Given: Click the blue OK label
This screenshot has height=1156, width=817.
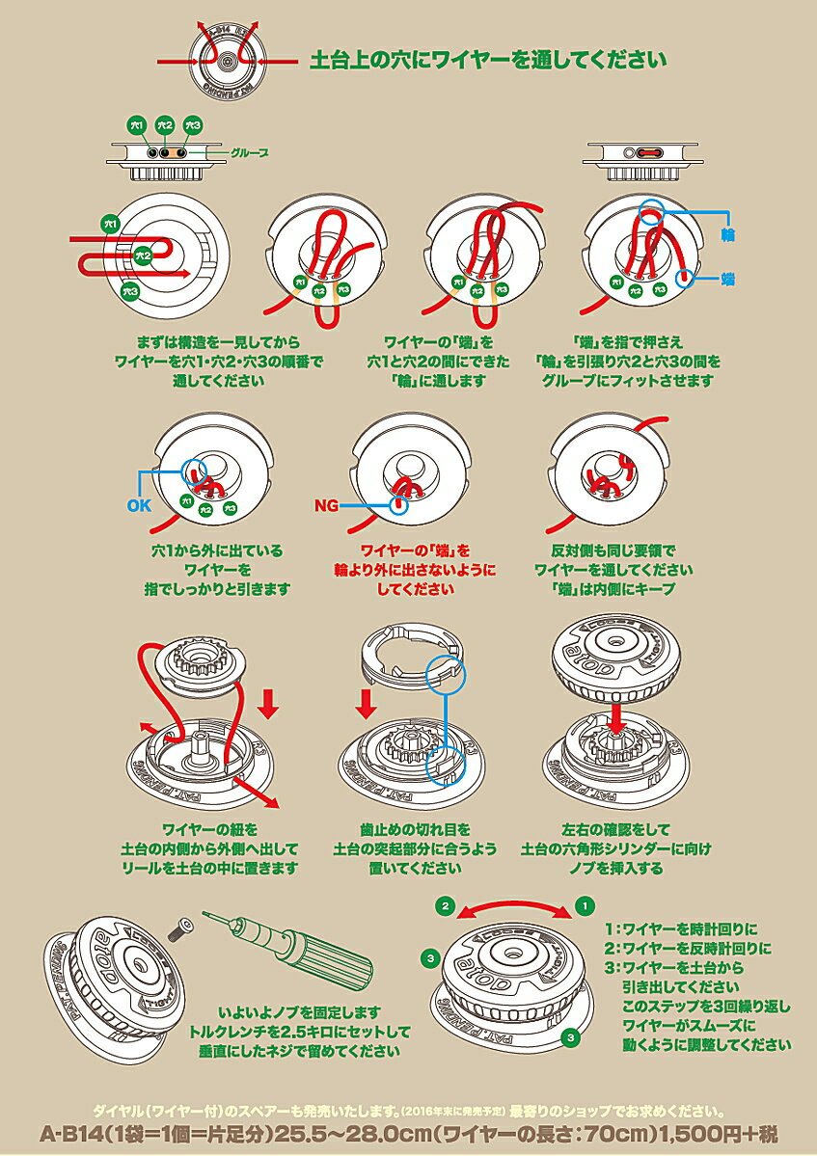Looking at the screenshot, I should click(x=140, y=504).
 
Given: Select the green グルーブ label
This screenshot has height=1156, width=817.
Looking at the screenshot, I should click(x=249, y=152).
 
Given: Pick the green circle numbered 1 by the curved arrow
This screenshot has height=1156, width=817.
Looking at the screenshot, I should click(x=584, y=905).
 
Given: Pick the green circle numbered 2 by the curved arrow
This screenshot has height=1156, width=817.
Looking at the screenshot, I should click(x=446, y=905).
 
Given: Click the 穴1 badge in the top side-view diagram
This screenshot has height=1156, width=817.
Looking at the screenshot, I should click(x=136, y=125).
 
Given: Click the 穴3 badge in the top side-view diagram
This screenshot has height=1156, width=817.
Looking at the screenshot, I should click(x=193, y=125).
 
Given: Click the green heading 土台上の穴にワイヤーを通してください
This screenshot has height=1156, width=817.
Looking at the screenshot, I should click(x=487, y=61).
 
